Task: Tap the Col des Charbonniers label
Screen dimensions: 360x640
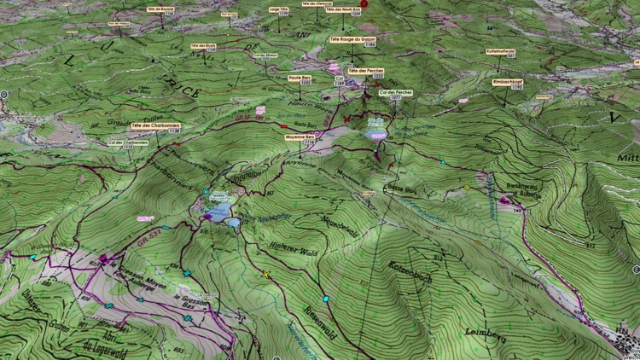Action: coord(128,143)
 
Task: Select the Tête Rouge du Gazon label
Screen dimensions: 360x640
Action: coord(352,40)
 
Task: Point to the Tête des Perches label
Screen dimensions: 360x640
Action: coord(365,72)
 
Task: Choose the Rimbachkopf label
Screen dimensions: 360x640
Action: coord(507,82)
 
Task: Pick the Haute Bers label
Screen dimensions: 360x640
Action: coord(300,79)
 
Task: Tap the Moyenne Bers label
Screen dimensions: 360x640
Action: coord(300,136)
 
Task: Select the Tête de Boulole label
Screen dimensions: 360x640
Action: coord(160,9)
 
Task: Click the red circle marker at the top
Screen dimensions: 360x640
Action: coord(364,4)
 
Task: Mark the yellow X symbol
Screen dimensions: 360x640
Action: coord(265,275)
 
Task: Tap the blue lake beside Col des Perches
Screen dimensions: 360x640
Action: coord(376,134)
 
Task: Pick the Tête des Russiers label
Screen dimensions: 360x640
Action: coord(203,47)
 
